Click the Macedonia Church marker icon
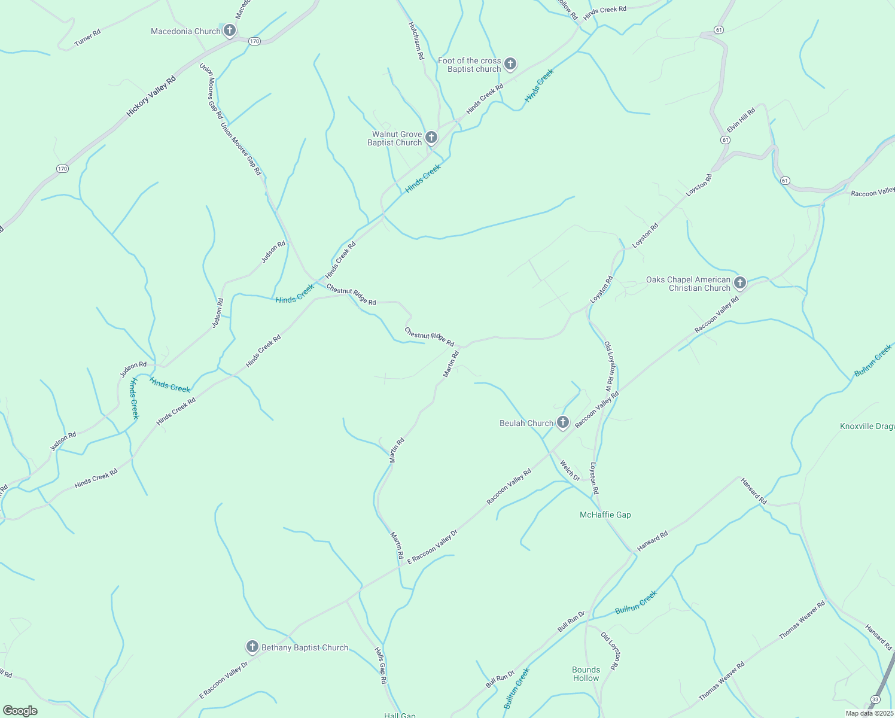229,31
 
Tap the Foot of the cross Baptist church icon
510,64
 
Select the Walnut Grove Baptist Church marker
431,138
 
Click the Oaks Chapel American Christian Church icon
740,283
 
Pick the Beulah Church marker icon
562,422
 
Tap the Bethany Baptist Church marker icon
252,647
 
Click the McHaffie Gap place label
605,515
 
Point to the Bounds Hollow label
586,674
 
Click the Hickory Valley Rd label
151,96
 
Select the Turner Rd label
87,38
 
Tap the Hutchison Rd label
416,41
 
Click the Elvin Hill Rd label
741,120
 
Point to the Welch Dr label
570,470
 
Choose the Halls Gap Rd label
380,665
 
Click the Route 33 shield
876,699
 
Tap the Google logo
20,711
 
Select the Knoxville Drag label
867,426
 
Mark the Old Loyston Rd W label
610,366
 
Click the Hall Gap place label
400,715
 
